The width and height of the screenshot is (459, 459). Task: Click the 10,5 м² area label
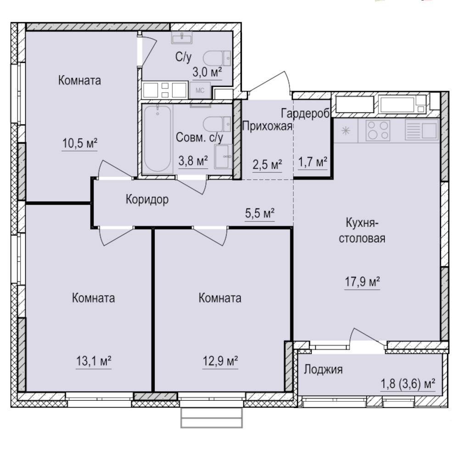pyautogui.click(x=79, y=143)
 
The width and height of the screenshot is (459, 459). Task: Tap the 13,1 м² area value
pyautogui.click(x=94, y=361)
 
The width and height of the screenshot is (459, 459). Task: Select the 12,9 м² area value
pyautogui.click(x=220, y=361)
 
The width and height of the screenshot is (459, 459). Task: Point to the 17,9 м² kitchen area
pyautogui.click(x=362, y=282)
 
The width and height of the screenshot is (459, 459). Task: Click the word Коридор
pyautogui.click(x=147, y=199)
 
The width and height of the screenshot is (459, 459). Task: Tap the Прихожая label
pyautogui.click(x=267, y=126)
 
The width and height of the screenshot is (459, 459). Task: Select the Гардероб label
pyautogui.click(x=306, y=113)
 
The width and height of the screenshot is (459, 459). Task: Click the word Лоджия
pyautogui.click(x=323, y=369)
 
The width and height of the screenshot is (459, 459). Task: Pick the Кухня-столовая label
pyautogui.click(x=362, y=231)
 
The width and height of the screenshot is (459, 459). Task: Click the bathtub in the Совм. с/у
pyautogui.click(x=158, y=139)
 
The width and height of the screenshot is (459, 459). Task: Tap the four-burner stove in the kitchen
pyautogui.click(x=378, y=130)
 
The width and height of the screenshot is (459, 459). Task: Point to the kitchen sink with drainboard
pyautogui.click(x=421, y=130)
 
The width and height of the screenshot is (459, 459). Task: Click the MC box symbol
pyautogui.click(x=200, y=90)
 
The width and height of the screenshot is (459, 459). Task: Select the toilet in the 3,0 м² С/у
pyautogui.click(x=217, y=58)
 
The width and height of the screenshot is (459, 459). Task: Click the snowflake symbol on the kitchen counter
pyautogui.click(x=346, y=130)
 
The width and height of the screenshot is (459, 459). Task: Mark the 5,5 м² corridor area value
pyautogui.click(x=260, y=213)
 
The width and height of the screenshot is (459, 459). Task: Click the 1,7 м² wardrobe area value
pyautogui.click(x=313, y=162)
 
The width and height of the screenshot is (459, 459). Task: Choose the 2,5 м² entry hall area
pyautogui.click(x=267, y=165)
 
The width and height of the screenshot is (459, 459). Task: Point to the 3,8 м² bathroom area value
pyautogui.click(x=193, y=161)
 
